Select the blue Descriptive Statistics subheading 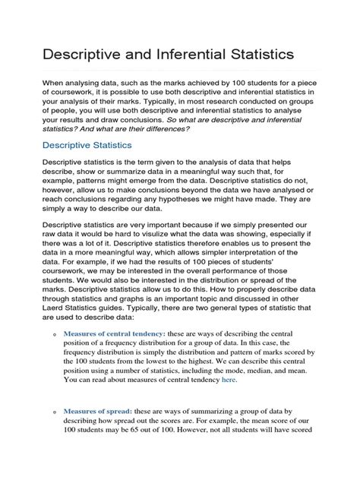pos(86,144)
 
